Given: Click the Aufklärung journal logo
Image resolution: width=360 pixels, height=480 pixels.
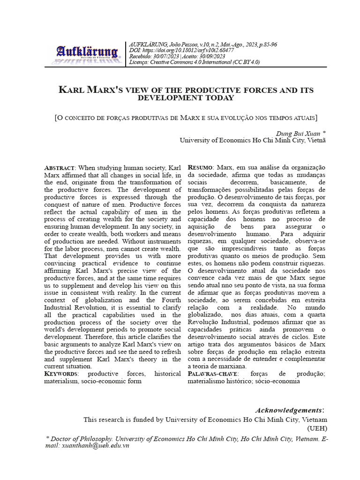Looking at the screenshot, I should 88,54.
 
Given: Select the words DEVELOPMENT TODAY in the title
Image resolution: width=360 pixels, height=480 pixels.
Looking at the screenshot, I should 185,98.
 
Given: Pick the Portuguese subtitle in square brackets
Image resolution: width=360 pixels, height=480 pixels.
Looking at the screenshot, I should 186,117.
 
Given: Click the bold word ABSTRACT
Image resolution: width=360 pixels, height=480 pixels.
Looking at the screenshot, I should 59,168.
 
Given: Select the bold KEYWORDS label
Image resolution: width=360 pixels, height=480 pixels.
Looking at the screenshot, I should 61,374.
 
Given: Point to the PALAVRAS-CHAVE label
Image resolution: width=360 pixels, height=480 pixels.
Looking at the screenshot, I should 213,374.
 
